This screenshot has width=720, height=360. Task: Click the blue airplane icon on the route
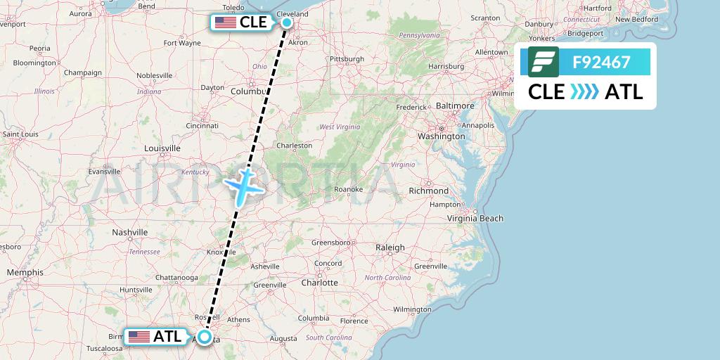[x=244, y=184]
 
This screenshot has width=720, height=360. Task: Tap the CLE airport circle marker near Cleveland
[x=287, y=22]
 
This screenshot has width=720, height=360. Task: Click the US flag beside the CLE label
[x=226, y=22]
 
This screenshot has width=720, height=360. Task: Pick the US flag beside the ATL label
[x=139, y=337]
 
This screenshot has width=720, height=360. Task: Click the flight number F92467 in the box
[x=601, y=62]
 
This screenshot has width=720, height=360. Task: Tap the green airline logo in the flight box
[x=544, y=62]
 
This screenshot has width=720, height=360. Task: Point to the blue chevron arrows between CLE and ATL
[x=584, y=92]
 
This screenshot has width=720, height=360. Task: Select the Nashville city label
[x=130, y=232]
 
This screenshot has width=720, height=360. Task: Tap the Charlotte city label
[x=319, y=283]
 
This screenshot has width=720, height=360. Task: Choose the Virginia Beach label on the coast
[x=476, y=218]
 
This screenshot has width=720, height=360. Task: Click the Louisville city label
[x=162, y=148]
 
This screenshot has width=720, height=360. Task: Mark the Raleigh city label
[x=390, y=247]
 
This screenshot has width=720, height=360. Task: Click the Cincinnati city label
[x=202, y=125]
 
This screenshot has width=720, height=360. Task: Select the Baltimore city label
[x=455, y=105]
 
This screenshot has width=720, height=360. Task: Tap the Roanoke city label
[x=348, y=189]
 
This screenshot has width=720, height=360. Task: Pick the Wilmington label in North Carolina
[x=412, y=309]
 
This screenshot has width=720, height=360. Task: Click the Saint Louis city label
[x=20, y=134]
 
